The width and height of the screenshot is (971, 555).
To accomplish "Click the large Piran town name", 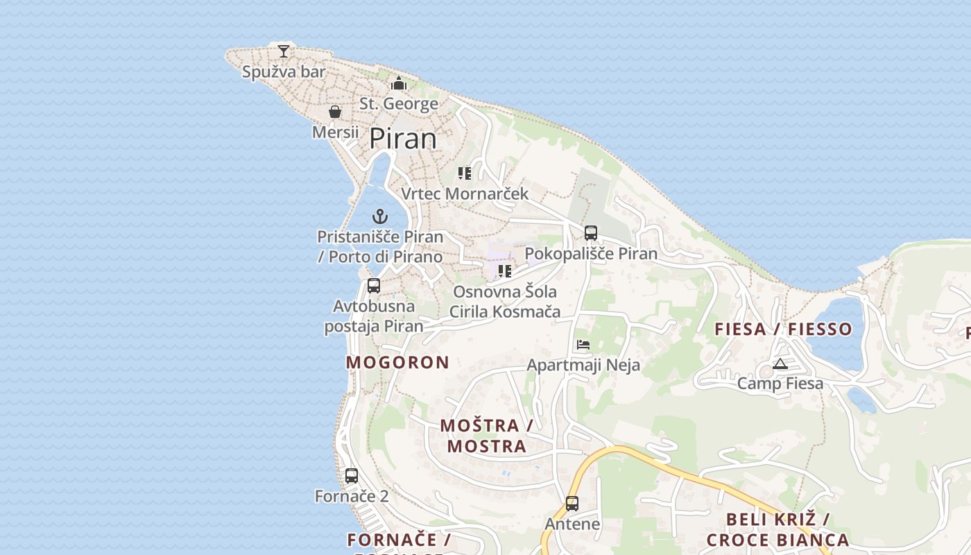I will (x=403, y=139).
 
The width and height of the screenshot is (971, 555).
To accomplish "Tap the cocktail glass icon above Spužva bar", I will (x=283, y=51).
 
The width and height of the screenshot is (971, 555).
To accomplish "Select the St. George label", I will (x=399, y=104).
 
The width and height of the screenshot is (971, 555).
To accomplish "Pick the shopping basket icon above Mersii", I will (x=335, y=112).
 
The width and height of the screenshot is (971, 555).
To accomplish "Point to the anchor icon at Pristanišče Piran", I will (x=379, y=216).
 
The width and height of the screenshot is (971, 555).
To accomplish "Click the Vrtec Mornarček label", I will (x=465, y=194).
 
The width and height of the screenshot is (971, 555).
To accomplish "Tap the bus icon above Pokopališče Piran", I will (x=590, y=233).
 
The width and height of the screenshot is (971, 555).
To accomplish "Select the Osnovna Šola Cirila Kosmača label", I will (x=505, y=302).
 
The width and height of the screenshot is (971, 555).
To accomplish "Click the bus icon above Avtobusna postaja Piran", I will (x=374, y=285).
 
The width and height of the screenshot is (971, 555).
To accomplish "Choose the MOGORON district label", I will (x=397, y=362).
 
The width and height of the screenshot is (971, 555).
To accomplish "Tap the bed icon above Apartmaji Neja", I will (x=583, y=345).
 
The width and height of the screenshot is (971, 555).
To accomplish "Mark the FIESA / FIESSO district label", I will (x=783, y=329).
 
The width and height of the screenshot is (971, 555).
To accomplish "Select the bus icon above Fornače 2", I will (x=352, y=476).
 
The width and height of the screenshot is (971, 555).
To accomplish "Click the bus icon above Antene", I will (x=572, y=504).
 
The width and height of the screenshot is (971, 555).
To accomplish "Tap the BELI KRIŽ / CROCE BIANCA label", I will (x=777, y=530).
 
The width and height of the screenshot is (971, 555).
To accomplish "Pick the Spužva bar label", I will (x=284, y=71).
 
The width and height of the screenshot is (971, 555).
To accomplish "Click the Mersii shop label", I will (x=336, y=132).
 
